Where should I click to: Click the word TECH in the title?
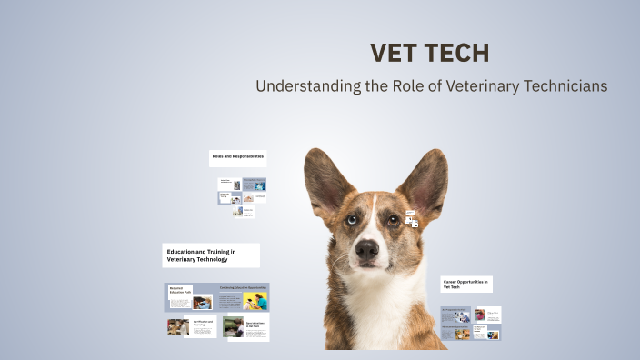point(458,54)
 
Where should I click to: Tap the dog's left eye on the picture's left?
point(351,220)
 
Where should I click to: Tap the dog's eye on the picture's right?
point(394,219)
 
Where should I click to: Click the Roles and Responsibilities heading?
point(237,157)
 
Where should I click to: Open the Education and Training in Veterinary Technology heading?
point(211,255)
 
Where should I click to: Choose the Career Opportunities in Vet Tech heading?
point(466,285)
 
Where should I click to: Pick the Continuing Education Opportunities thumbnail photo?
point(255,300)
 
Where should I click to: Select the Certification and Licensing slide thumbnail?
point(191,326)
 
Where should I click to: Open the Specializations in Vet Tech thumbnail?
point(245,327)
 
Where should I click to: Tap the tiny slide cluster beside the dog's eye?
point(411,219)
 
